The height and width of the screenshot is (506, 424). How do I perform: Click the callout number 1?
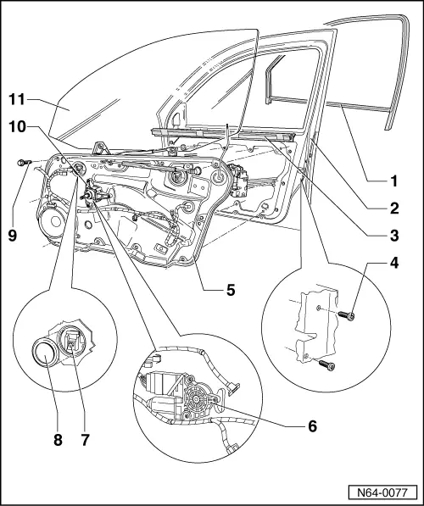tap(393, 180)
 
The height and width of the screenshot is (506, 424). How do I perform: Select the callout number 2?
tap(393, 206)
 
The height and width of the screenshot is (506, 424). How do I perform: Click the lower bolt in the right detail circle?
tap(327, 365)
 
